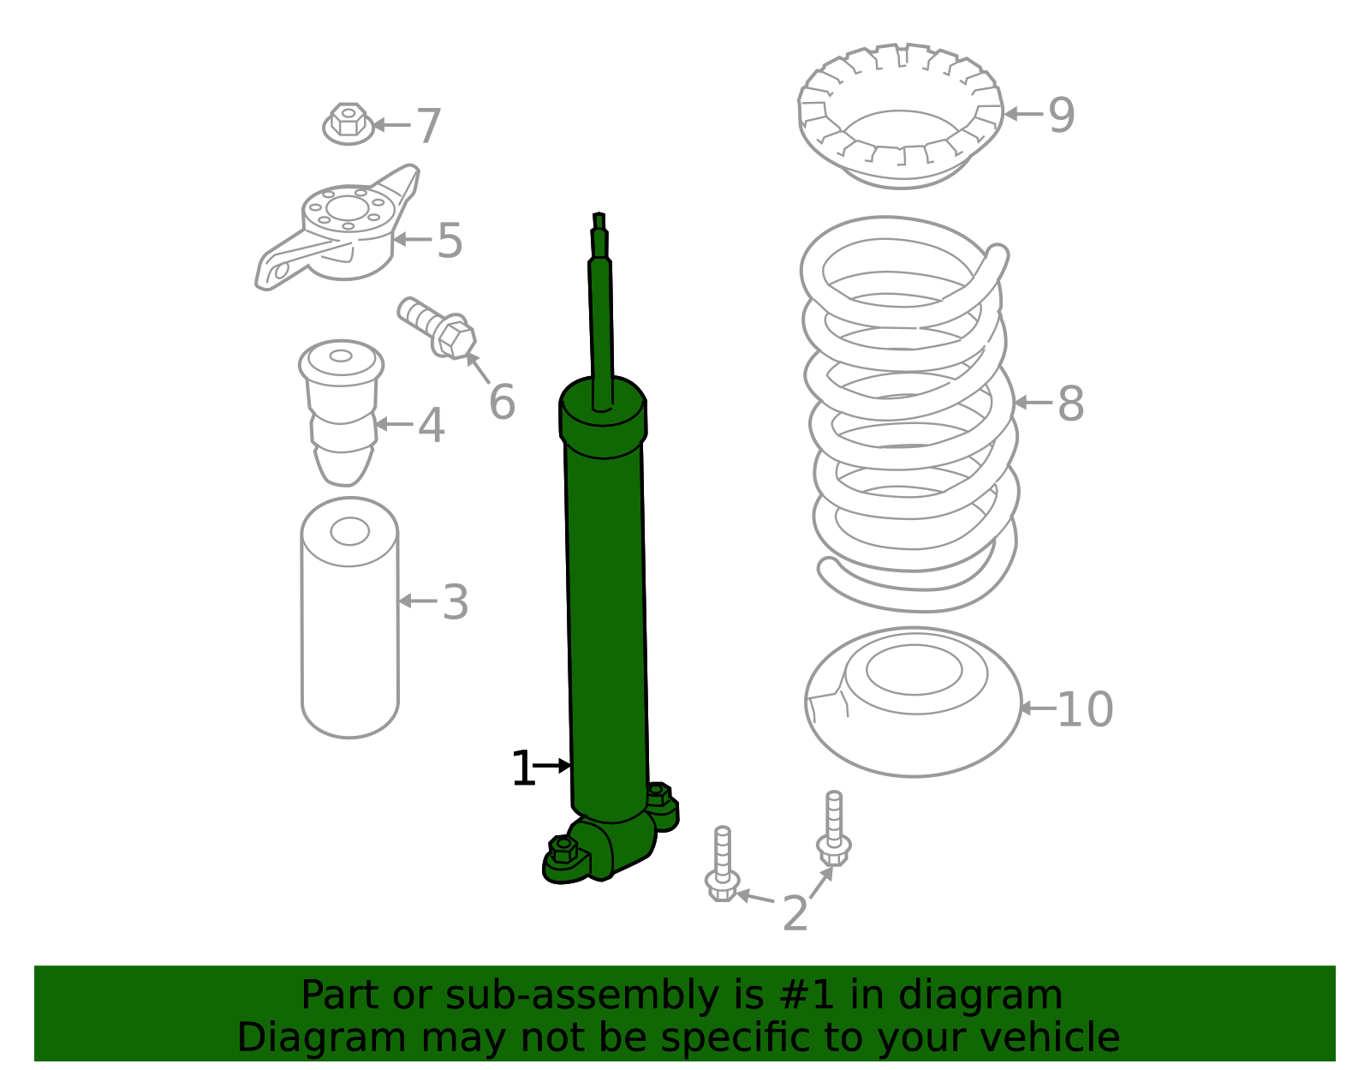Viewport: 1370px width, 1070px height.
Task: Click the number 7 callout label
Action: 428,126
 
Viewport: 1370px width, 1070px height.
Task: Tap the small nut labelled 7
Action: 348,123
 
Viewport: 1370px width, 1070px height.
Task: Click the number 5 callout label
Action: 450,241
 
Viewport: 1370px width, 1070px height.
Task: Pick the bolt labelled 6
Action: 438,328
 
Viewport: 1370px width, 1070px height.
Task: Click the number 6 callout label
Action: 502,402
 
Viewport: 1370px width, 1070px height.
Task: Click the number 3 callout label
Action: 456,602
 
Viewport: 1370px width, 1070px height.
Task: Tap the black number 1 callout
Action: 522,768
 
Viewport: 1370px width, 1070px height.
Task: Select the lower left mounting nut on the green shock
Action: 563,849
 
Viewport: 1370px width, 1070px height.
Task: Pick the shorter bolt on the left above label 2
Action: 723,865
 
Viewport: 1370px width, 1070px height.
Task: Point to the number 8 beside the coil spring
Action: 1070,403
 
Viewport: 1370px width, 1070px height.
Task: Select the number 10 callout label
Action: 1085,709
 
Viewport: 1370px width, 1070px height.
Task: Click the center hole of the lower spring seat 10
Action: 914,669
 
